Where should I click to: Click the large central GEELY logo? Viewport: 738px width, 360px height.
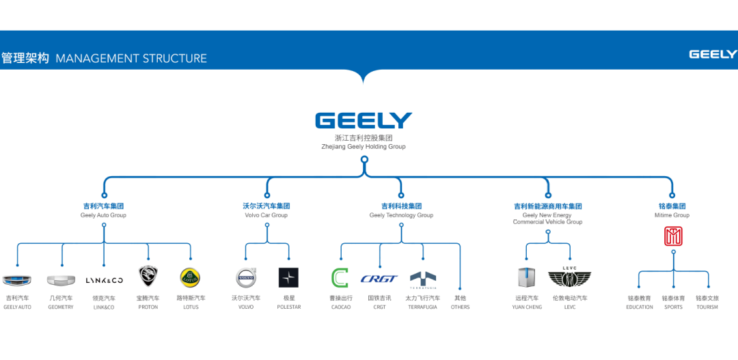pos(364,121)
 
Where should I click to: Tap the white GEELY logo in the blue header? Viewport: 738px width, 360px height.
pos(712,55)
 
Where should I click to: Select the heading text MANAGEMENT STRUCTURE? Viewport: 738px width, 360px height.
pos(131,58)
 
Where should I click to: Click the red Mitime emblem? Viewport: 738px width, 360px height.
pos(673,236)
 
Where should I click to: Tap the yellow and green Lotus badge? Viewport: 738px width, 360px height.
pos(190,277)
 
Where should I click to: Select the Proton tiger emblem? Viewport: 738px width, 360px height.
pos(148,277)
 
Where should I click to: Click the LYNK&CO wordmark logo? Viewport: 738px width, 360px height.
pos(104,280)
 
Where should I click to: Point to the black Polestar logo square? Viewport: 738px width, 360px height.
pos(289,277)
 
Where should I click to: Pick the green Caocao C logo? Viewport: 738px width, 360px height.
pos(340,278)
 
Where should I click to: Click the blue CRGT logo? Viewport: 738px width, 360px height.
pos(379,279)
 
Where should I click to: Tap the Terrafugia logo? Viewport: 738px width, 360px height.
pos(423,277)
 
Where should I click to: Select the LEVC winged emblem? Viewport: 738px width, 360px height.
pos(569,277)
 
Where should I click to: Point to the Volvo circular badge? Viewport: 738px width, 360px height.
pos(246,277)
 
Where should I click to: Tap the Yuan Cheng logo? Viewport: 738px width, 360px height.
pos(526,277)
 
